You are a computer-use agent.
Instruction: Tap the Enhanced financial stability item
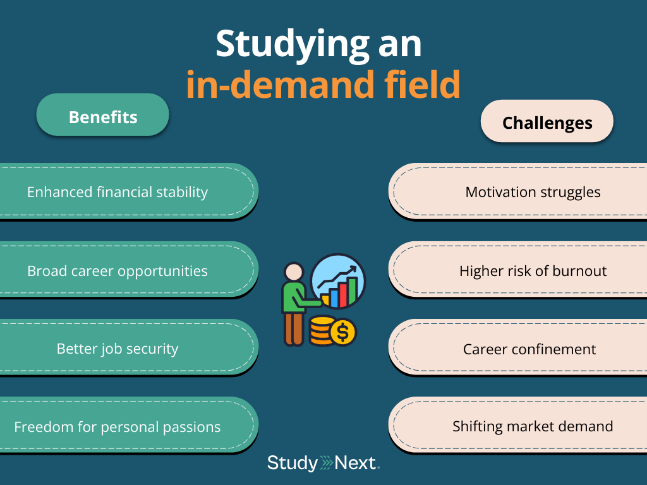118,192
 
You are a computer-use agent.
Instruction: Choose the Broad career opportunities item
118,271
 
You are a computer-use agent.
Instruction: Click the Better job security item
118,349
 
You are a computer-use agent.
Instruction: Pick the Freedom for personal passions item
118,427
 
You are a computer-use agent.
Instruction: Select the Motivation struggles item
533,192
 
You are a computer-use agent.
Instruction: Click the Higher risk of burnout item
533,271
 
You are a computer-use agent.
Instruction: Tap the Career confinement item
529,349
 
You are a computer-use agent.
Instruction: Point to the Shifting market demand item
533,427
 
